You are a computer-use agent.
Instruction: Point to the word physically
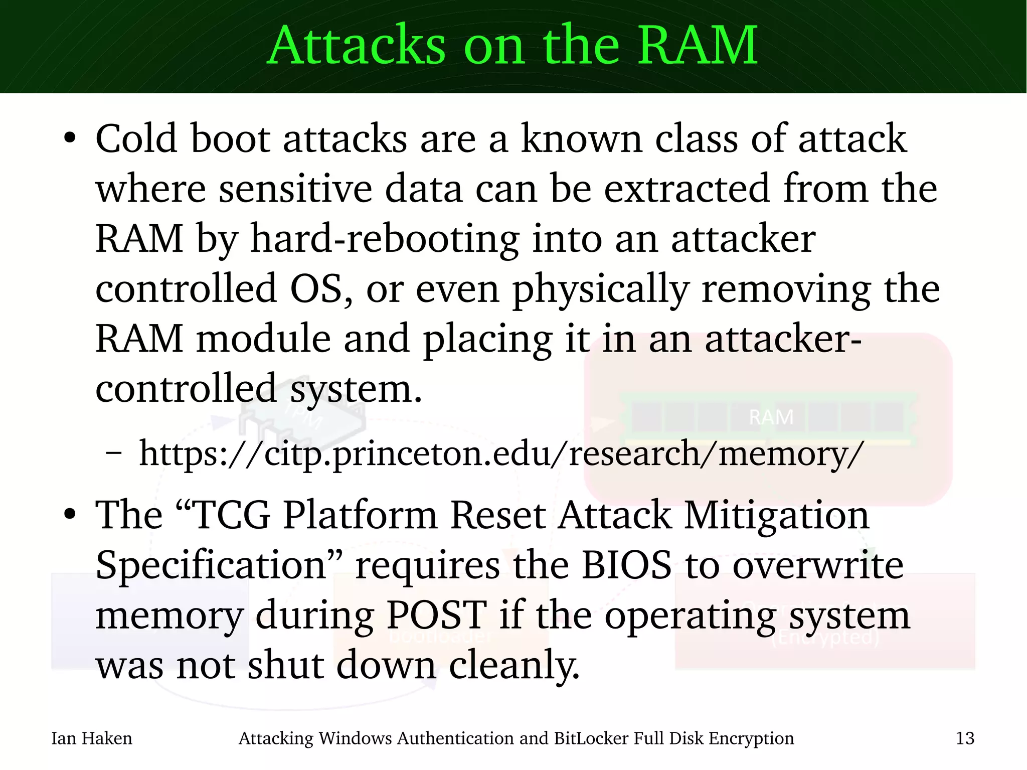[600, 290]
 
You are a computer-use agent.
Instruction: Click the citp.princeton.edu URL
[501, 453]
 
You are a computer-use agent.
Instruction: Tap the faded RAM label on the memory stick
[771, 417]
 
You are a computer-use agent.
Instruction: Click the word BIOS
[626, 565]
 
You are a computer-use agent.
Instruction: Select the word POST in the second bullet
[436, 615]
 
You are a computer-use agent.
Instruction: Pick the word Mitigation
[776, 515]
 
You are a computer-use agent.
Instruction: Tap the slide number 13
[965, 738]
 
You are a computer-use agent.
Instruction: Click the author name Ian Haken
[92, 738]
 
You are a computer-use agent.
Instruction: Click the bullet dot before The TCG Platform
[70, 515]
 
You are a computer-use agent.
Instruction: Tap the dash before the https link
[114, 453]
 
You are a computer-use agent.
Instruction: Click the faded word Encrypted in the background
[825, 638]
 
